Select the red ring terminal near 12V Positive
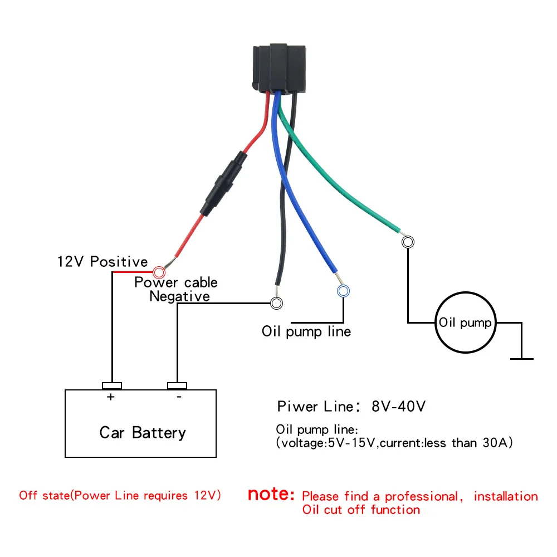point(159,272)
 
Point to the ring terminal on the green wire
point(408,242)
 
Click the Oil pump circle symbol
point(465,323)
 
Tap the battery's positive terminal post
point(112,385)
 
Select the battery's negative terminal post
point(177,385)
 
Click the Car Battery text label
point(143,433)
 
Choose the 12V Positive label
point(102,261)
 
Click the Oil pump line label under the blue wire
point(306,332)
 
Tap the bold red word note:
point(271,494)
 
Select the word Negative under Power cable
point(179,296)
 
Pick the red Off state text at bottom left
point(120,495)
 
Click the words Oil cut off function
point(361,510)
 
